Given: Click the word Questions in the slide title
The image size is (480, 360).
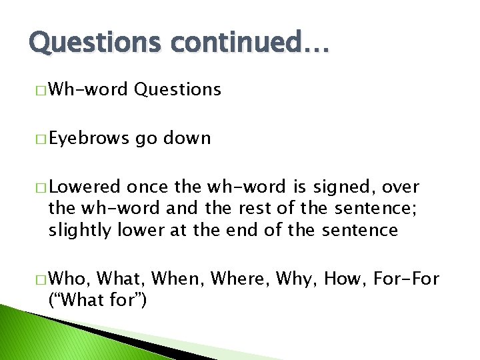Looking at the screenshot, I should pyautogui.click(x=93, y=43).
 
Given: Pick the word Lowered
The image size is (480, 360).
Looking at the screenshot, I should pyautogui.click(x=85, y=187).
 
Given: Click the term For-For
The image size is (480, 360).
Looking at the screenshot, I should pyautogui.click(x=407, y=278).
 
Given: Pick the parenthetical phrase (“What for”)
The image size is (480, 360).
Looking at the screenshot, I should pyautogui.click(x=97, y=300).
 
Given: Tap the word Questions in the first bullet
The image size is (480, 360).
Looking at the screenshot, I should pyautogui.click(x=177, y=89).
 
